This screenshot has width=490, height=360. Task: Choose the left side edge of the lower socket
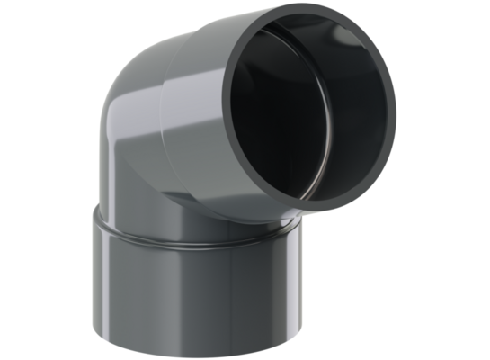point(92,279)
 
